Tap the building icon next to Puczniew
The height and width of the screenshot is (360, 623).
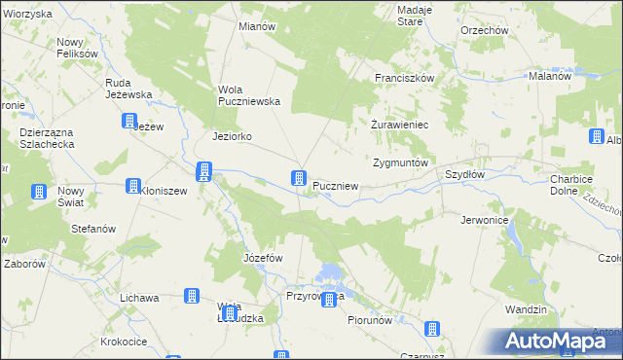tap(299, 179)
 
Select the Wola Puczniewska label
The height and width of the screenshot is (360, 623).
tap(248, 94)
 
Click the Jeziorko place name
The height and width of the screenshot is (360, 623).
tap(233, 137)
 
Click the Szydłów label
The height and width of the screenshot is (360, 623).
tap(464, 174)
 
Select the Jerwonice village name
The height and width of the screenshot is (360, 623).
tap(486, 221)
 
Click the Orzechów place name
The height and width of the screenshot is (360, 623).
tap(485, 30)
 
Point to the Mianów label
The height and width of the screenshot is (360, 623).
tap(257, 26)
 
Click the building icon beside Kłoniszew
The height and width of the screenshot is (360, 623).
tap(133, 187)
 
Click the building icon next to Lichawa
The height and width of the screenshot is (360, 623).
tap(192, 296)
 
